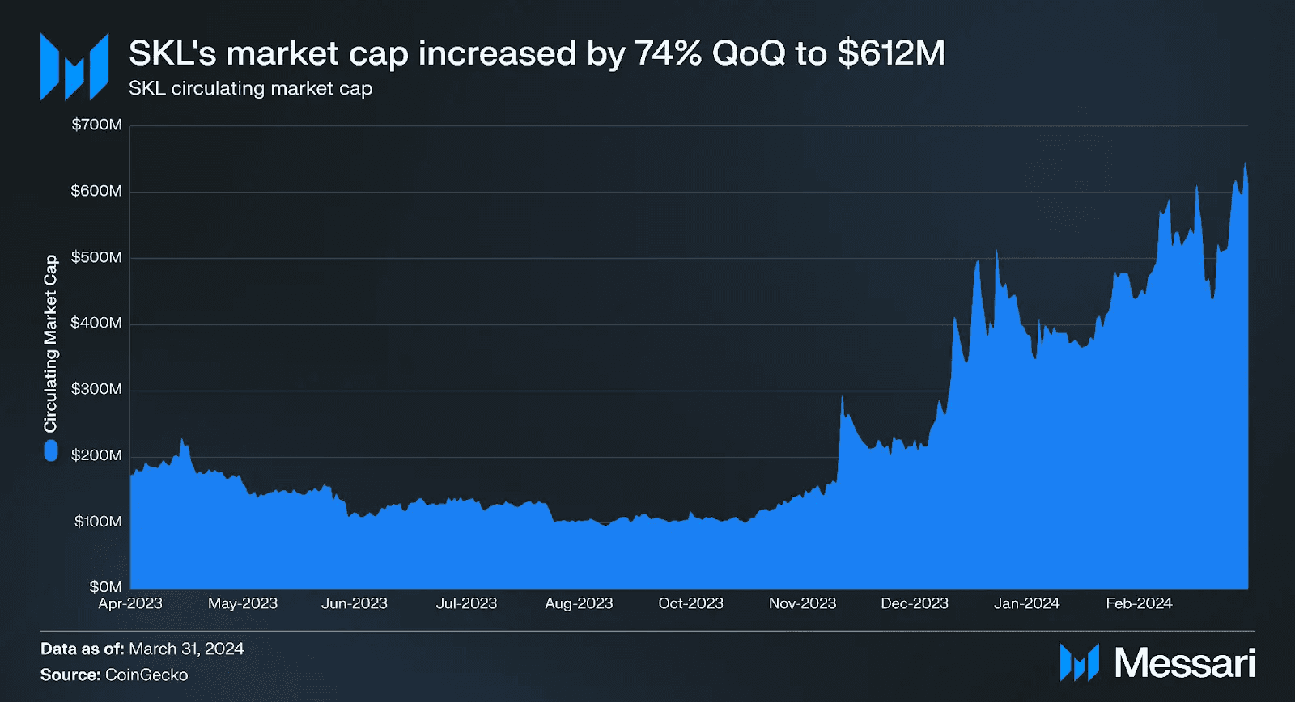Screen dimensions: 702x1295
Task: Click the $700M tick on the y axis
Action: point(96,125)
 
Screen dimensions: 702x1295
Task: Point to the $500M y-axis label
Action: point(96,257)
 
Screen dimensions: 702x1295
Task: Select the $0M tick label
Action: point(105,586)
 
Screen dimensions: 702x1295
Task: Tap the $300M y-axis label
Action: point(96,389)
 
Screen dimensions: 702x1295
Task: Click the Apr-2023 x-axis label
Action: point(130,603)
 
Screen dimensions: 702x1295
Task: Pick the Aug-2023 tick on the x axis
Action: point(579,603)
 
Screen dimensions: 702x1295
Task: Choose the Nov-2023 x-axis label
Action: point(802,603)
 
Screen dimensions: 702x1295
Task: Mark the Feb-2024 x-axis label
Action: point(1139,603)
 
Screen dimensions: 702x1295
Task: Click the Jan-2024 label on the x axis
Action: point(1026,603)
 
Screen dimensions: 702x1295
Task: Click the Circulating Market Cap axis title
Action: point(51,344)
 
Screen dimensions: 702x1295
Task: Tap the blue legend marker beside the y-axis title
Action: point(51,450)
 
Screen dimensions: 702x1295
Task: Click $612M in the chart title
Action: point(891,53)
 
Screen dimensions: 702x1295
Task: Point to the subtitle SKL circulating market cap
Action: point(250,88)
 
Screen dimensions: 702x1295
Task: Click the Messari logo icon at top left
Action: point(74,66)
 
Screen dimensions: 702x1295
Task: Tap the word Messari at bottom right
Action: point(1184,663)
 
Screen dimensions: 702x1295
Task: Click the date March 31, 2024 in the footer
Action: point(186,649)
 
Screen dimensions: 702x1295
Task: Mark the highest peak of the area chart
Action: point(1245,163)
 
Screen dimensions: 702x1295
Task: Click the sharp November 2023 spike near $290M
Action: point(842,397)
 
